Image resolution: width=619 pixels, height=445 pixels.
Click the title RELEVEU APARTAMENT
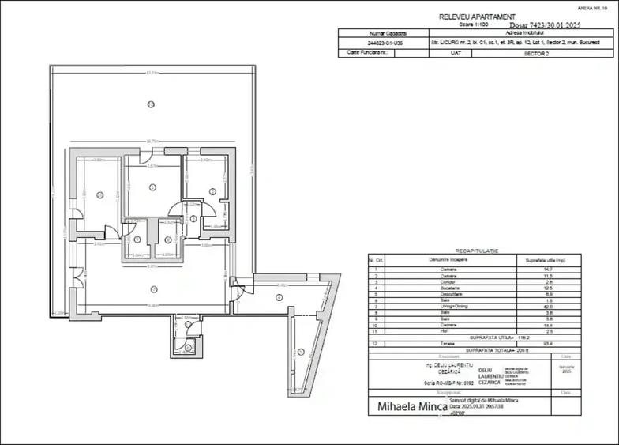point(477,16)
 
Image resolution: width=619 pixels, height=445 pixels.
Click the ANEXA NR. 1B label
point(597,7)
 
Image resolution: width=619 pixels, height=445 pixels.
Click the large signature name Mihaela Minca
point(407,407)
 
